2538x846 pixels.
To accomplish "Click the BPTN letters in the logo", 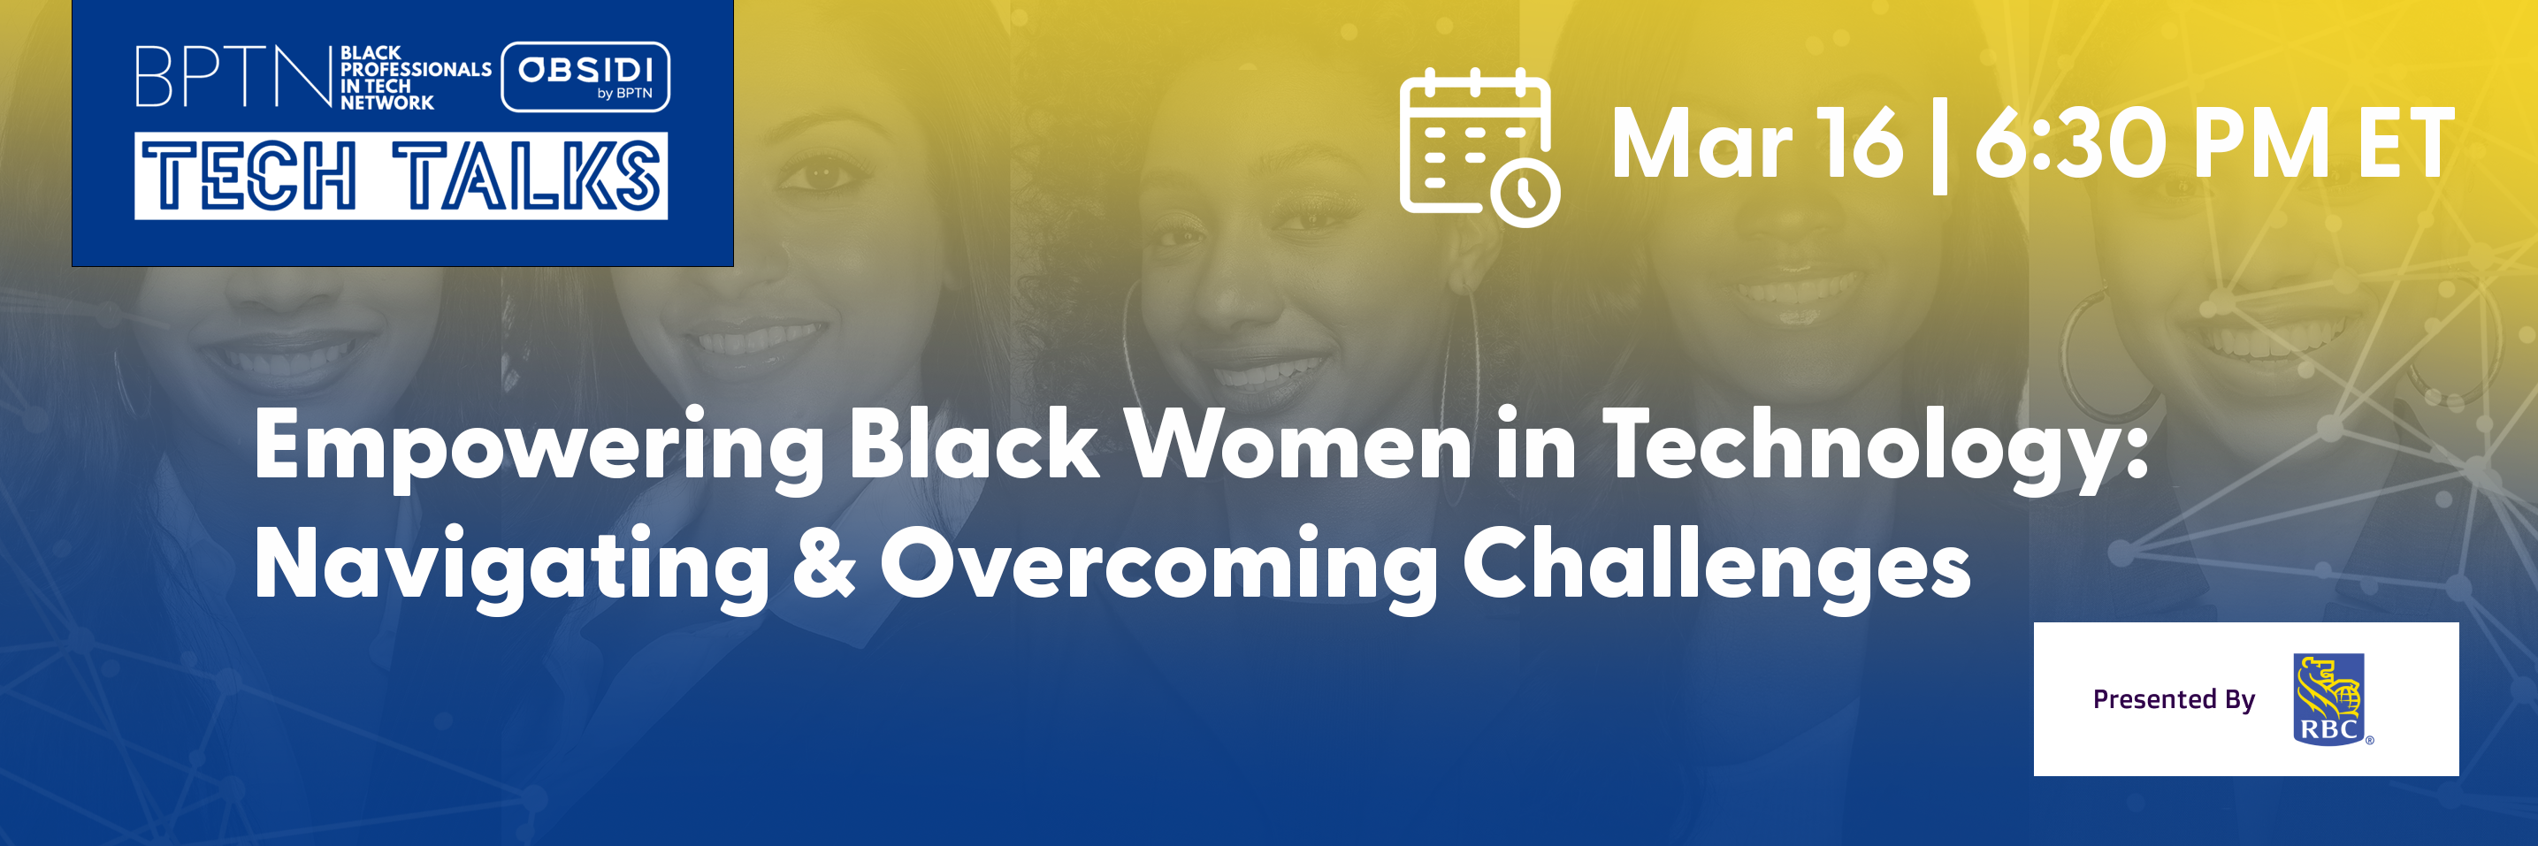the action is (x=233, y=76).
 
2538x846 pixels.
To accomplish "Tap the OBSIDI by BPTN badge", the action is (x=585, y=77).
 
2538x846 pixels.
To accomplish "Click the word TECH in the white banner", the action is (x=248, y=175).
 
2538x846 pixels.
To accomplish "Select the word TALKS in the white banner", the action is (x=526, y=175).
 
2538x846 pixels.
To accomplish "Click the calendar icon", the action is (x=1479, y=147).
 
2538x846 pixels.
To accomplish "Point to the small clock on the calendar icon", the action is (x=1525, y=192).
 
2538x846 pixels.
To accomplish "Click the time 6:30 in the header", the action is (x=2071, y=144).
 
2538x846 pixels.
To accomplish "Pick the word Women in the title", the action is (x=1300, y=443).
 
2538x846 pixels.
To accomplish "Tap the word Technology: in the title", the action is (x=1875, y=448).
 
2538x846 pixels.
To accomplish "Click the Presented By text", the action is (x=2174, y=699).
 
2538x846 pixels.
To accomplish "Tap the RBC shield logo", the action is (x=2329, y=699).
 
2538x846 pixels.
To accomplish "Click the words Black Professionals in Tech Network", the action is (x=416, y=78).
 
